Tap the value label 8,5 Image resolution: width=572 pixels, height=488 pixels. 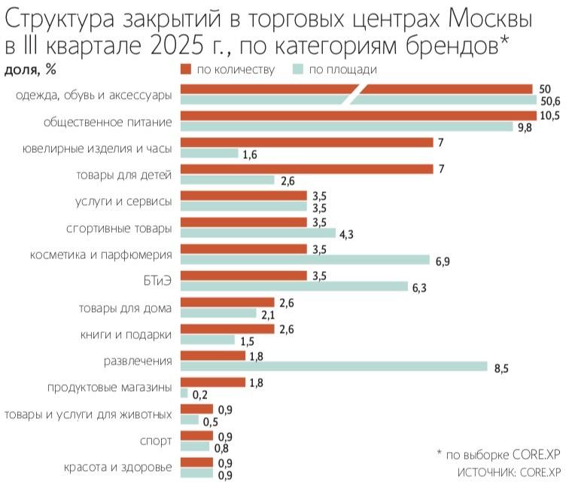502,368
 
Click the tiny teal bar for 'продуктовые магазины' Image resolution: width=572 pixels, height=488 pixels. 184,392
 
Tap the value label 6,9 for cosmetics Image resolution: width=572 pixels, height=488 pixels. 444,261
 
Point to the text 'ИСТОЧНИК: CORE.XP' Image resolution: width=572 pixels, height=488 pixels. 510,472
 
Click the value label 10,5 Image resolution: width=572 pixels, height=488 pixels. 549,115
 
